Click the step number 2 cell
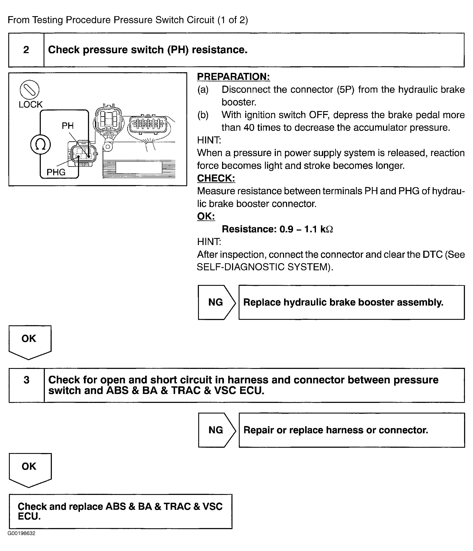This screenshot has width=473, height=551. pos(26,50)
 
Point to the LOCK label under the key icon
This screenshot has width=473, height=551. pos(31,105)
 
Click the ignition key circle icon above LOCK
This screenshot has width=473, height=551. pos(30,89)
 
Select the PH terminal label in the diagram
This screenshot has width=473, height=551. pos(68,126)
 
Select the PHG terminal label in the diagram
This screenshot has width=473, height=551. pos(56,172)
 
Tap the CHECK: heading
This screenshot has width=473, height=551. pos(216,178)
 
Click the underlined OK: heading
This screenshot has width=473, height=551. pos(206,216)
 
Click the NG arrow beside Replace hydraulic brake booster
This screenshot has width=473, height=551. pos(216,302)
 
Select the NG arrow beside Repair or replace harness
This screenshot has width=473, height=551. pos(216,430)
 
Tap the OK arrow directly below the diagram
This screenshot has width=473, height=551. pos(29,341)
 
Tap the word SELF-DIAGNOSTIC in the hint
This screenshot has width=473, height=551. pos(241,267)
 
